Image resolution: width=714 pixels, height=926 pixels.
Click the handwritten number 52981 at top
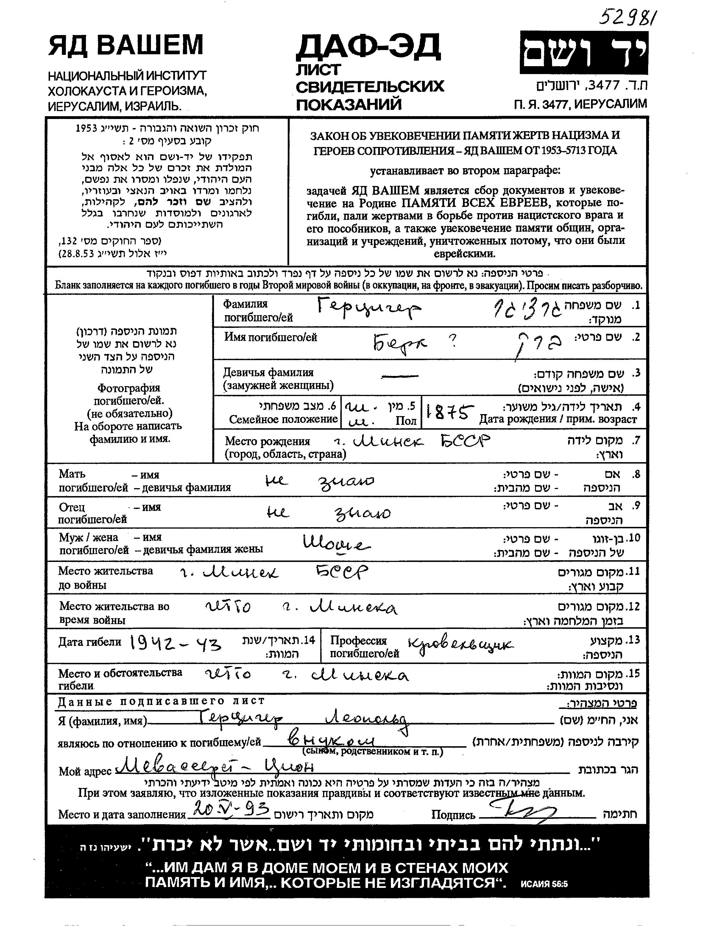[628, 18]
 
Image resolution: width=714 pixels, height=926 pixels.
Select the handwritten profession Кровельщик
[460, 646]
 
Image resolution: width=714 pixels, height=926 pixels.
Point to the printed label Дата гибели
[89, 642]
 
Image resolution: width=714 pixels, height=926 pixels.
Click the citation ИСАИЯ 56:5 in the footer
[544, 884]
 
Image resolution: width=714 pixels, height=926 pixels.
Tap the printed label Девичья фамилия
[269, 372]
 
